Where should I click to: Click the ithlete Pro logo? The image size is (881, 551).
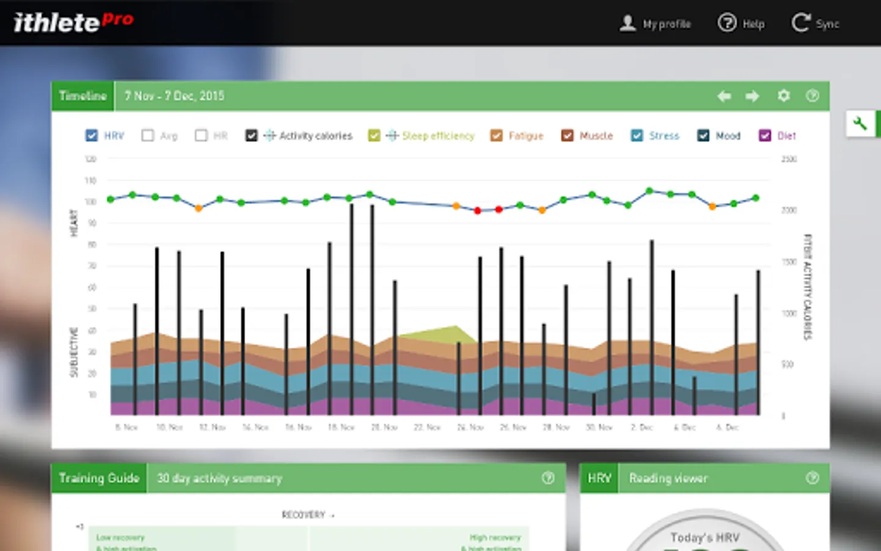pos(73,23)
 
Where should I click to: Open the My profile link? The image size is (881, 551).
pos(655,24)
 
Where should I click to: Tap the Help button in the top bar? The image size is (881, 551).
pos(741,24)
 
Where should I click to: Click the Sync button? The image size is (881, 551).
pos(816,24)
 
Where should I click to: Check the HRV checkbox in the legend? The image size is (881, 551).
pos(92,135)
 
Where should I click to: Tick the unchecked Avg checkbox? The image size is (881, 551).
pos(147,135)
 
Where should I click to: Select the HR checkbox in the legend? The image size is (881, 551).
pos(201,135)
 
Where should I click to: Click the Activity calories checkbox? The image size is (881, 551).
pos(251,135)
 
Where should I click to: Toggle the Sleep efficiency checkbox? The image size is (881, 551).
pos(374,135)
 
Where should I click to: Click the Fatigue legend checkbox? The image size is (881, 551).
pos(496,135)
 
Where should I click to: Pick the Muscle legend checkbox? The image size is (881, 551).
pos(567,135)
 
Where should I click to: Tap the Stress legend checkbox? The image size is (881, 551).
pos(637,135)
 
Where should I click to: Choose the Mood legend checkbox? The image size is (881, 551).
pos(704,135)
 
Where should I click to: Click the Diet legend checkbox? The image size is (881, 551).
pos(765,135)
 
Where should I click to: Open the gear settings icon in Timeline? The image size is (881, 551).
pos(784,96)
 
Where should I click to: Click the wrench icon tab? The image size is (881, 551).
pos(860,123)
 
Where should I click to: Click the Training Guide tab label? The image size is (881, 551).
pos(99,478)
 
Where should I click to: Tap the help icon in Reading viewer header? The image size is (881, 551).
pos(812,478)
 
